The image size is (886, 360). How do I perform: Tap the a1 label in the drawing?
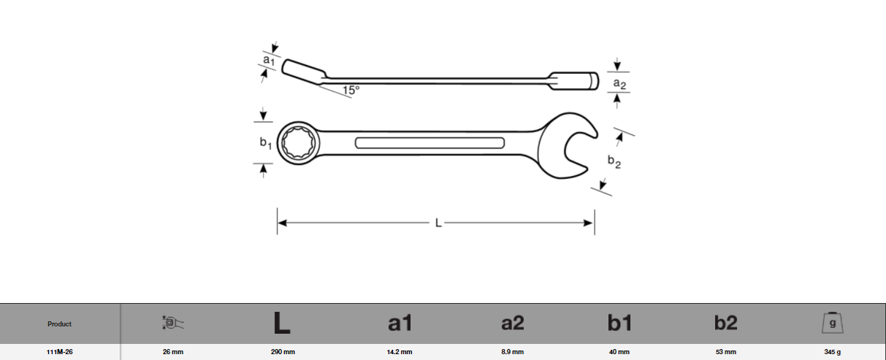[268, 58]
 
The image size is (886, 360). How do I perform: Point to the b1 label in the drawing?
[266, 144]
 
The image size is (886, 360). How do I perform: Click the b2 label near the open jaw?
[614, 162]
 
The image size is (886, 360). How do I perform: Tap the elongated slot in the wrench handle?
[429, 142]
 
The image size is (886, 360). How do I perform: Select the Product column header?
[60, 324]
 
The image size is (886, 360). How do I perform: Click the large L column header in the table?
[281, 323]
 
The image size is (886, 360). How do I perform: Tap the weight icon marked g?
[833, 323]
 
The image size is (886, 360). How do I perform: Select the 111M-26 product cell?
[60, 352]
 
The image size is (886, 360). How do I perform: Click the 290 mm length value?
[283, 352]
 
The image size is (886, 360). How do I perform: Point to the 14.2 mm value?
[400, 352]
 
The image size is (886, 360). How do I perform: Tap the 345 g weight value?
[833, 352]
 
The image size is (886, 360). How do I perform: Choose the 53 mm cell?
[725, 352]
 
